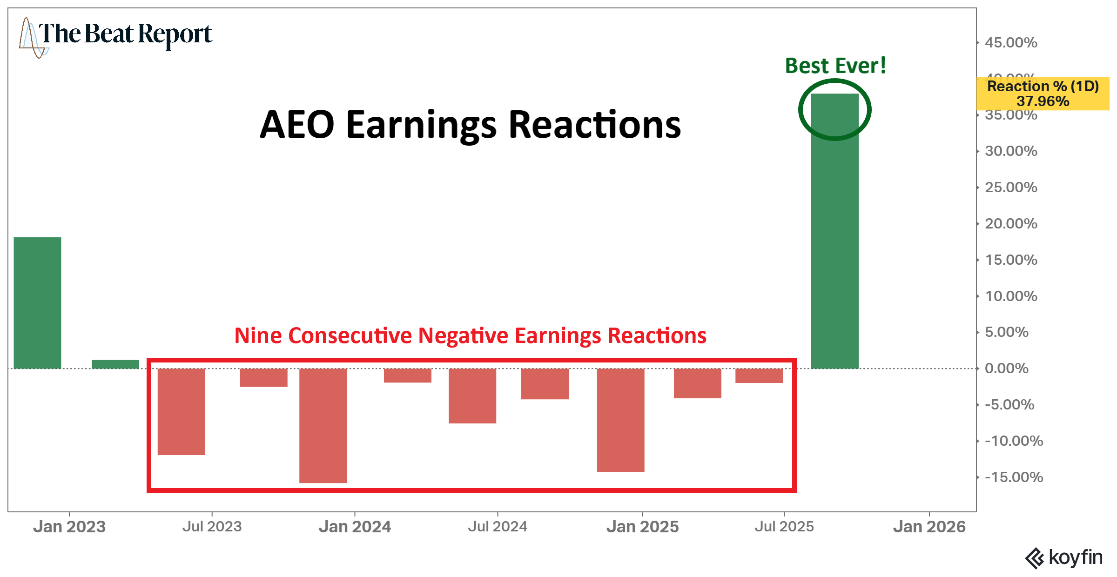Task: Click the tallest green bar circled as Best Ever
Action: [x=834, y=233]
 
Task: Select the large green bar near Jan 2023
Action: [x=37, y=302]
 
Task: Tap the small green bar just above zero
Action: [x=115, y=364]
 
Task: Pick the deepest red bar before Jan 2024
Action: [x=323, y=425]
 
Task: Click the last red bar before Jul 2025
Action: [x=759, y=376]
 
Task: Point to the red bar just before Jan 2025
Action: [x=620, y=420]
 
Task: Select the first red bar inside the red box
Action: [x=181, y=411]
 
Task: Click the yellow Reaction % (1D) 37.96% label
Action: [x=1043, y=94]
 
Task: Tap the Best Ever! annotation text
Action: [x=835, y=66]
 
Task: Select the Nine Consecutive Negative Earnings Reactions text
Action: [x=470, y=335]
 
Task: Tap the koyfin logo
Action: [x=1064, y=557]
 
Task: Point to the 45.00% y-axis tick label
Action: [x=1011, y=43]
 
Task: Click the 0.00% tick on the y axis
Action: [x=1006, y=369]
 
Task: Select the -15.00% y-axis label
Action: [x=1014, y=477]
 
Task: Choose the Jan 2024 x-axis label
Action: [x=355, y=527]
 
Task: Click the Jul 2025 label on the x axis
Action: [x=784, y=527]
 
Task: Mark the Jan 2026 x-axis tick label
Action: [x=929, y=527]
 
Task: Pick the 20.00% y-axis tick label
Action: [x=1011, y=224]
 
